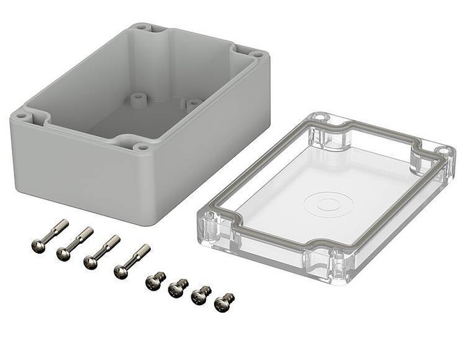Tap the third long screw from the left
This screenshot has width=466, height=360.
pos(102,252)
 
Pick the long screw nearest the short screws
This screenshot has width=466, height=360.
pos(132,261)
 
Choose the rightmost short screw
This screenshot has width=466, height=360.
pos(224,302)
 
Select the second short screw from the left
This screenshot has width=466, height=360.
pos(179,287)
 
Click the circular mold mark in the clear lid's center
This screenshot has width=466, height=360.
pos(322,203)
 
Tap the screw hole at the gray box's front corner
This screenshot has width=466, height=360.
pos(142,147)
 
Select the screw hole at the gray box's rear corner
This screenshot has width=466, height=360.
pos(142,28)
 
